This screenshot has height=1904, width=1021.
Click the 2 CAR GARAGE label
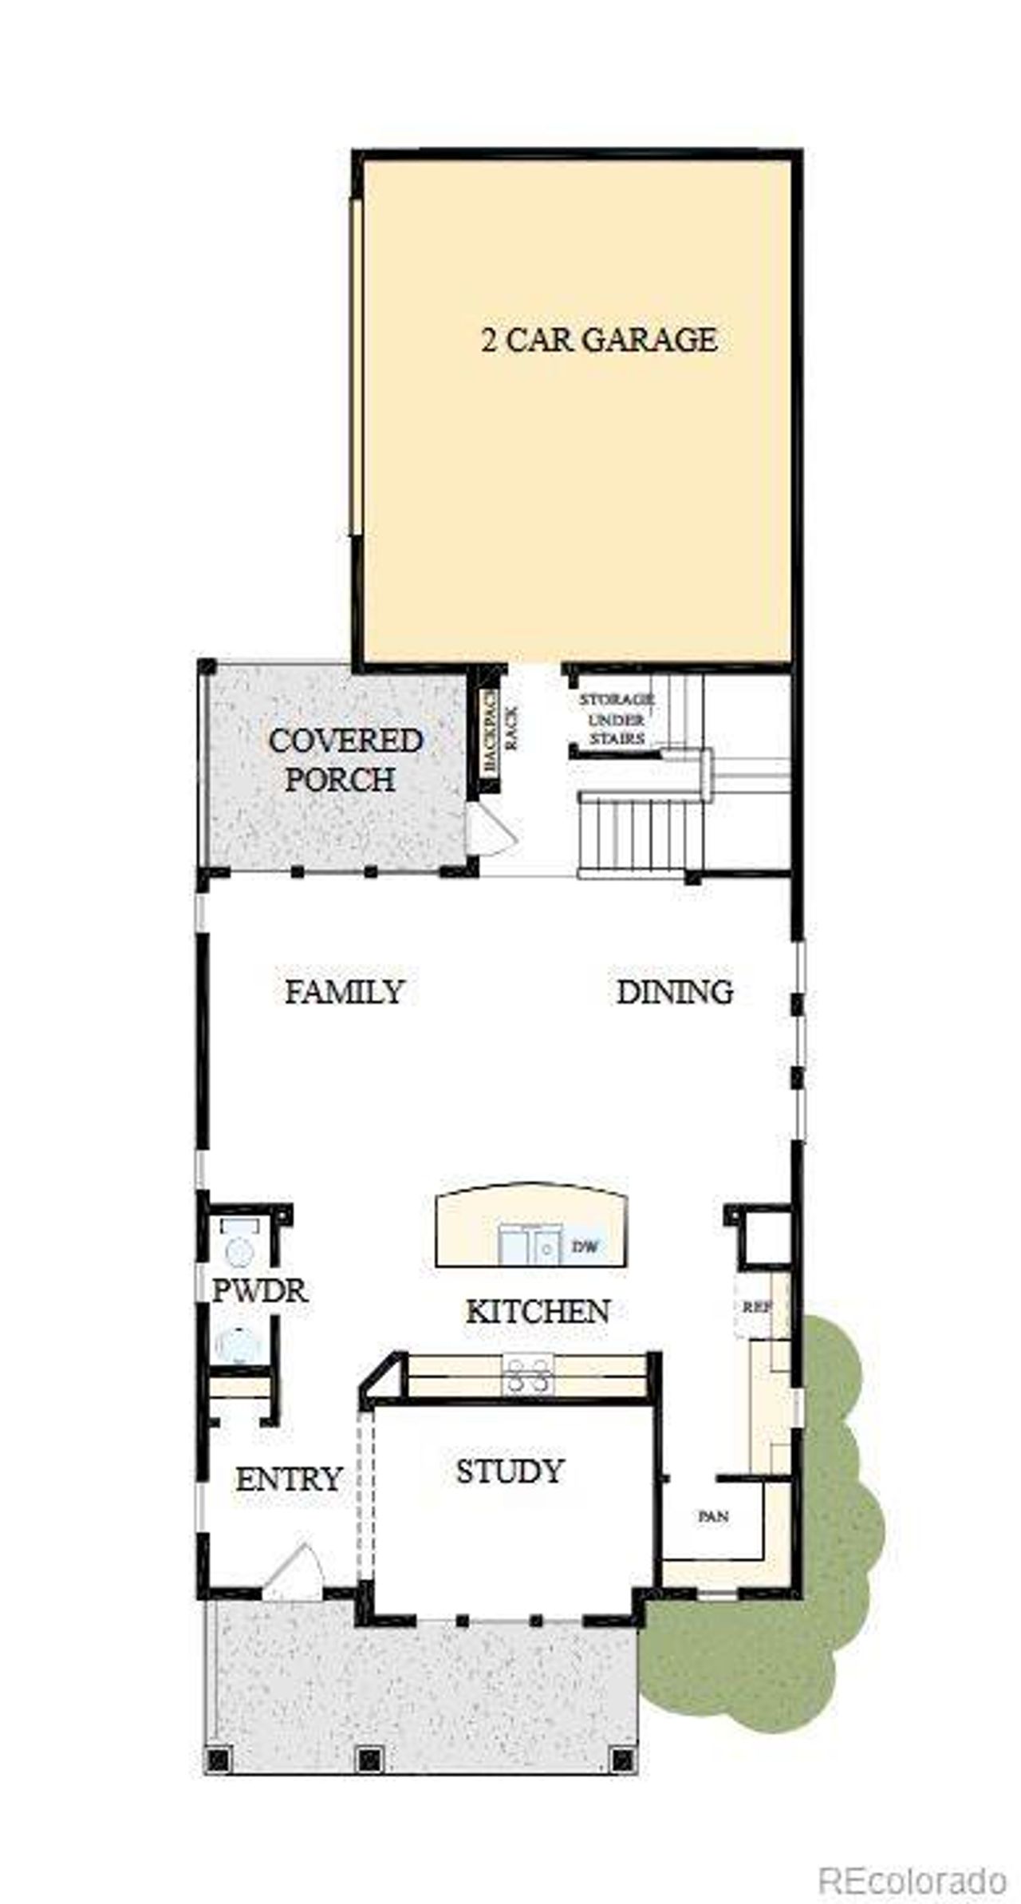[598, 340]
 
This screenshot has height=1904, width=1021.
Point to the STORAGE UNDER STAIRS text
[617, 718]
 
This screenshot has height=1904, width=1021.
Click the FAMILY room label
[345, 992]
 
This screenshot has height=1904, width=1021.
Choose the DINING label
[675, 992]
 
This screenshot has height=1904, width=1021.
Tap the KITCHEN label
[538, 1311]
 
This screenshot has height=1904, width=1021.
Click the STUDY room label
[510, 1471]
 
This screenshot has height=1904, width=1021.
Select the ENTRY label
[288, 1479]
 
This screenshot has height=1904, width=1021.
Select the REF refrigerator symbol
[755, 1307]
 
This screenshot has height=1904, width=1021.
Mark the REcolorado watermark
[913, 1859]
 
